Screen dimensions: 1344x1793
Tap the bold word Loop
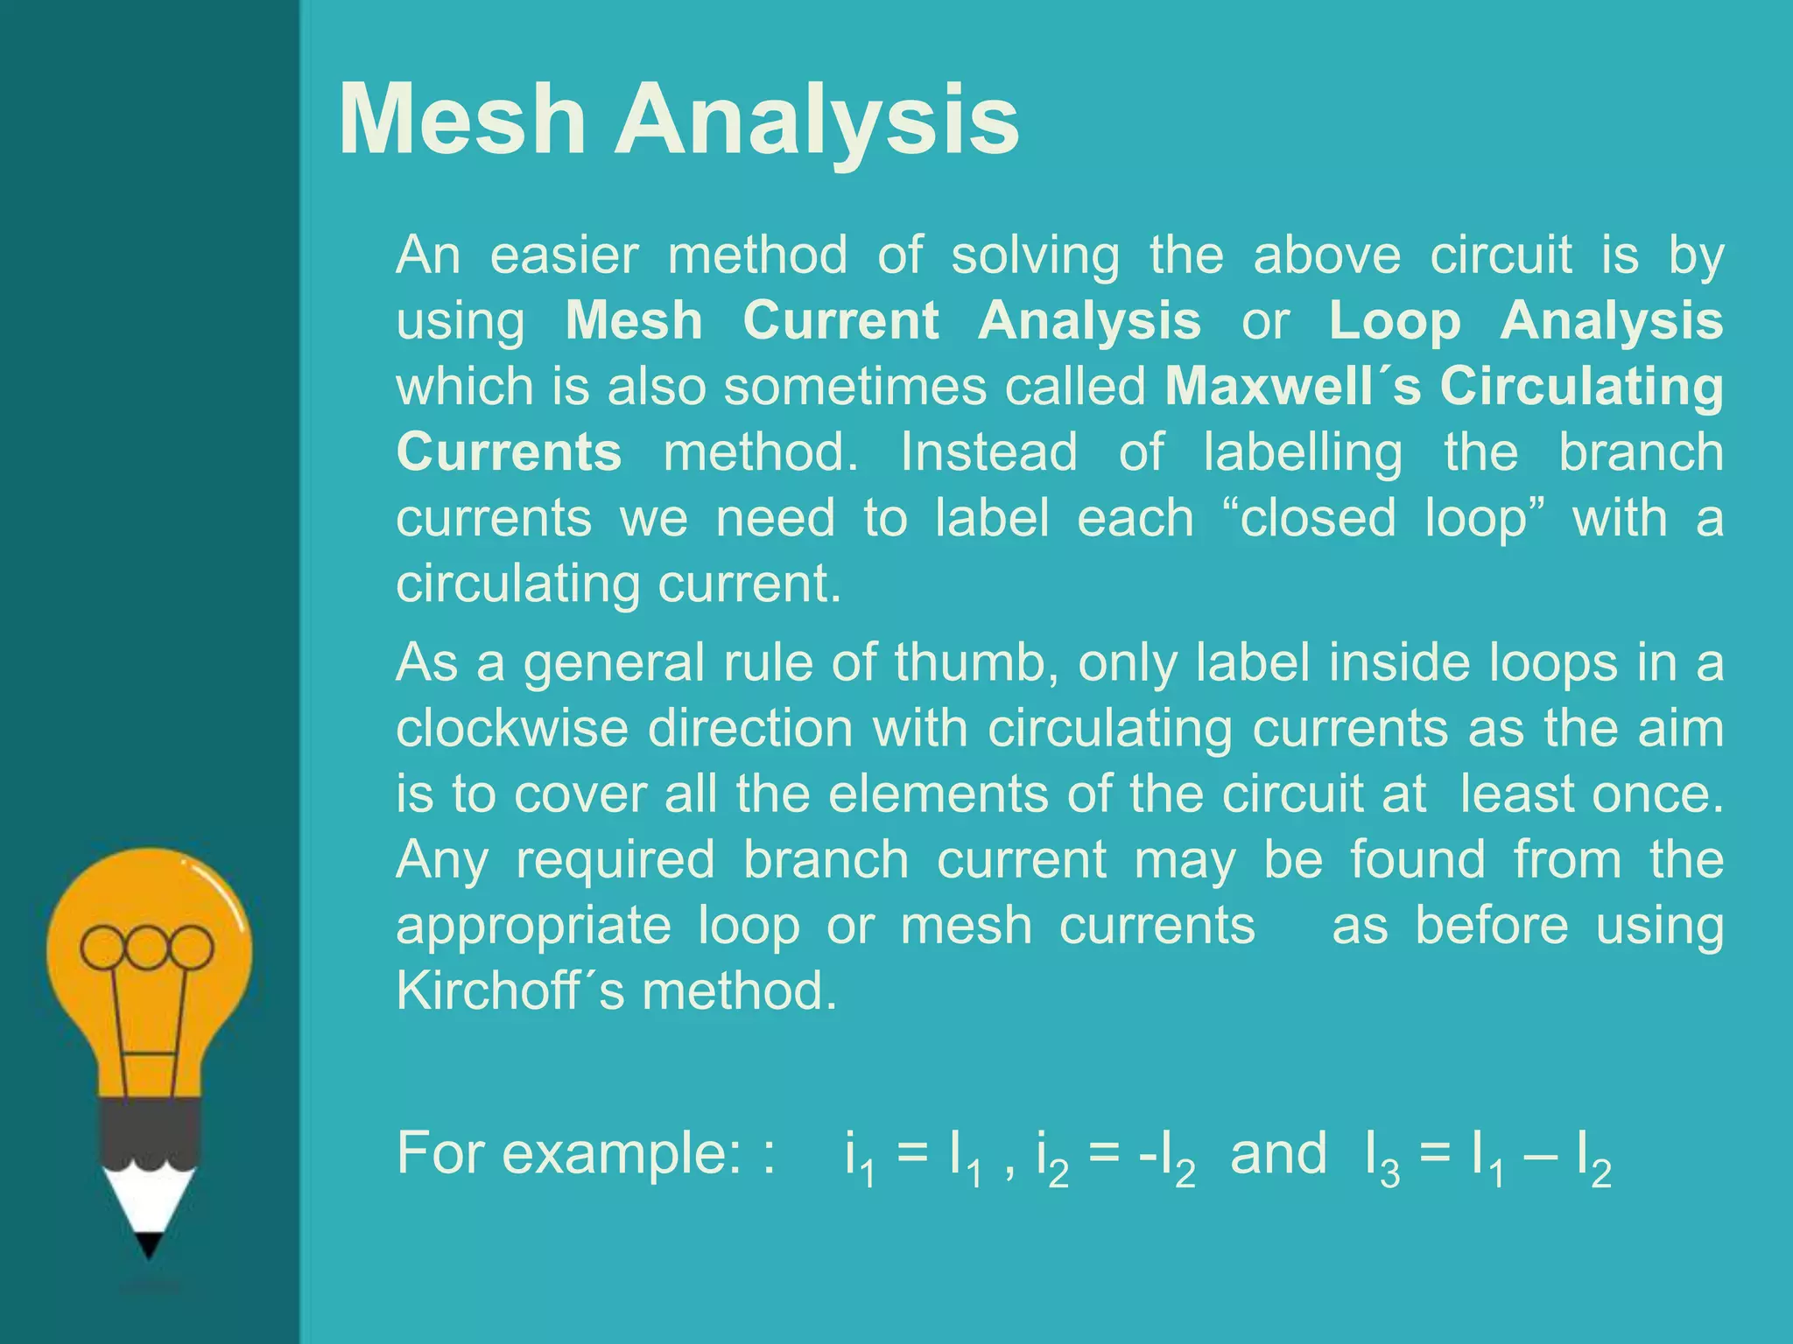pos(1396,321)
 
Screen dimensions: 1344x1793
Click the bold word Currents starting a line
pos(509,451)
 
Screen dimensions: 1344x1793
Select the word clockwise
pos(512,728)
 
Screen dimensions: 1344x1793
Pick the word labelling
pos(1303,453)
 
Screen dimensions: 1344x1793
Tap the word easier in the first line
pos(565,255)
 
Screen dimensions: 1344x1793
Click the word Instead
pos(988,451)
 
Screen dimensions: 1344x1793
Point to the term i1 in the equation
pos(859,1157)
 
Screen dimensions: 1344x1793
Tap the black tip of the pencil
pos(149,1244)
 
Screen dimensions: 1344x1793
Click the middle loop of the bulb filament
pos(147,948)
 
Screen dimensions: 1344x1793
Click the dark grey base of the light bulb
pos(150,1132)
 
